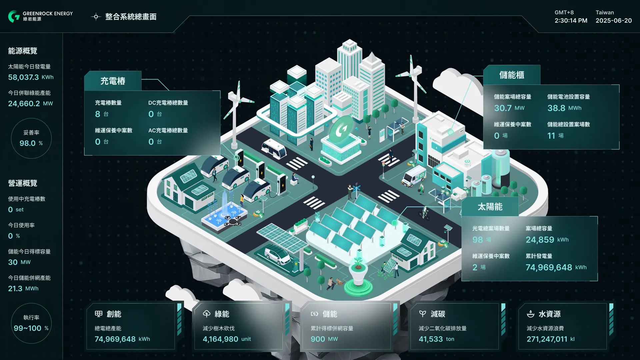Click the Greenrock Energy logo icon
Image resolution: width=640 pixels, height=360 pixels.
[14, 16]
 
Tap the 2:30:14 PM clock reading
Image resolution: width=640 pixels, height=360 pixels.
[571, 21]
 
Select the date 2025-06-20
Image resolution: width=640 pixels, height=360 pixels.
[614, 21]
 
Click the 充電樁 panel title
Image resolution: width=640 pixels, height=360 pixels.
[113, 81]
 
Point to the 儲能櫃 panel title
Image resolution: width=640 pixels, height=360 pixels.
[512, 75]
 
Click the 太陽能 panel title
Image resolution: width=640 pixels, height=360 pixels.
[490, 207]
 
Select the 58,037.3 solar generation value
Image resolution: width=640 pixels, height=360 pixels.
[23, 77]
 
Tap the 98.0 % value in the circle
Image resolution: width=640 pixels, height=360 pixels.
[31, 143]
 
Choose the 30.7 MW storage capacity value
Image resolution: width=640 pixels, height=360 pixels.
[509, 108]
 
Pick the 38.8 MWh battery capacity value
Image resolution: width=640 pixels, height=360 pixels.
[564, 108]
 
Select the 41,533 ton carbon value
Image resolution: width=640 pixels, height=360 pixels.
[436, 339]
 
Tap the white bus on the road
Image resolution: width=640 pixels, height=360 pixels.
[274, 149]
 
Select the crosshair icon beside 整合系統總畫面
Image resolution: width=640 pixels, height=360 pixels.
[96, 17]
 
